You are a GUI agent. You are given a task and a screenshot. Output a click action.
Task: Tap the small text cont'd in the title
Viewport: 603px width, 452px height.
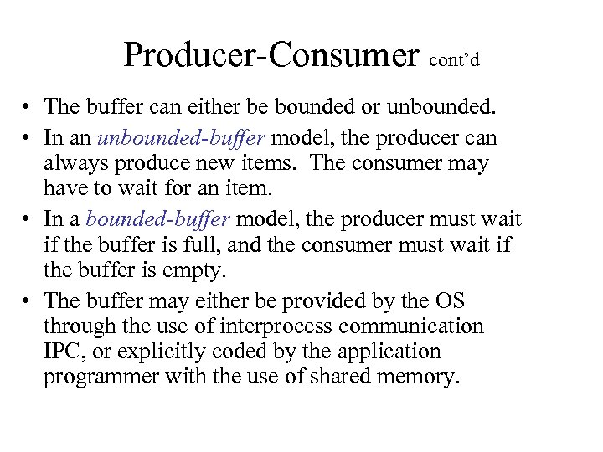pos(456,61)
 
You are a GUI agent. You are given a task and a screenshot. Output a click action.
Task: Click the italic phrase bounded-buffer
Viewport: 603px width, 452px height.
pos(161,220)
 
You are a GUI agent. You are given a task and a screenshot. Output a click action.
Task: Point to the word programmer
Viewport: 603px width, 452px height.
pos(98,378)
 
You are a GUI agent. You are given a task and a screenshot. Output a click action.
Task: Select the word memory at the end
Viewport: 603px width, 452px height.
pos(419,378)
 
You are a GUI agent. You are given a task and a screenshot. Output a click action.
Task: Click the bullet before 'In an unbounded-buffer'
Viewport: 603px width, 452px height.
pos(28,136)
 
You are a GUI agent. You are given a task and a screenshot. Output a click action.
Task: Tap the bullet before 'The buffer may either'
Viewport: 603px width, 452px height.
pos(28,300)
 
